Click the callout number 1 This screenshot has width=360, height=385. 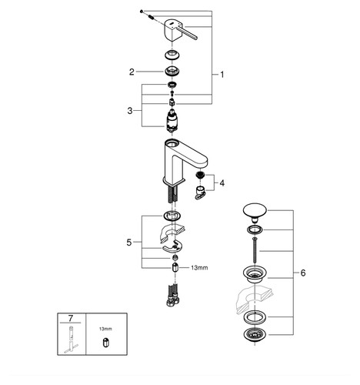(222, 75)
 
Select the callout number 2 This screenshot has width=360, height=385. (132, 72)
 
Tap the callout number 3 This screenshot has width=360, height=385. (130, 111)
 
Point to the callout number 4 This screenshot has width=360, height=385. (222, 183)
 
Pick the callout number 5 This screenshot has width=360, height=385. (129, 243)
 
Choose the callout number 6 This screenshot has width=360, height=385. (303, 273)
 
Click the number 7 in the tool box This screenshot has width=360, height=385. (71, 318)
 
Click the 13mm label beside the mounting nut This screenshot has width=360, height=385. (199, 268)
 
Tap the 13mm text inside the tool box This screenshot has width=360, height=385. (105, 329)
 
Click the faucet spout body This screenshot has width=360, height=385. (184, 160)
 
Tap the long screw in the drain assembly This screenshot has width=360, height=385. (255, 250)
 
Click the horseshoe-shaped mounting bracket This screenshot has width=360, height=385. (172, 246)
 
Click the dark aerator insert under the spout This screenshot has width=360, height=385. (199, 176)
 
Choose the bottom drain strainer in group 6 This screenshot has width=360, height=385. (255, 335)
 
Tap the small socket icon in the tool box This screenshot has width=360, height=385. (105, 343)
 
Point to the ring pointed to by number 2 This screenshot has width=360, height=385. (172, 72)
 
